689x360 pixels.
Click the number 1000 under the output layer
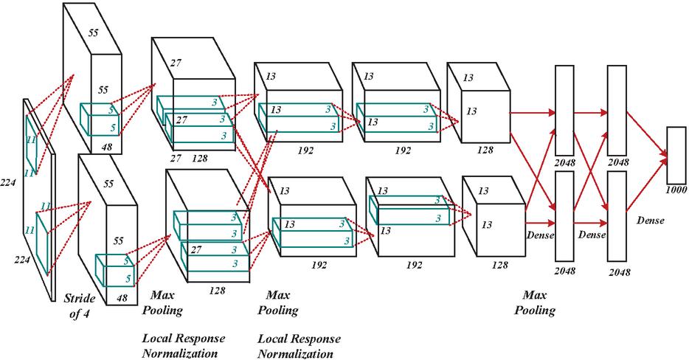point(676,190)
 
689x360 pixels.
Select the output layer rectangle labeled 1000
point(676,155)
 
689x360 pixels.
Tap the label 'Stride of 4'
point(80,306)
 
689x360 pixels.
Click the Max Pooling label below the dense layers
point(535,302)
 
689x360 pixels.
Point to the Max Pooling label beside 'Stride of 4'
point(162,302)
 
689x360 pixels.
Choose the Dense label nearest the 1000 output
point(651,220)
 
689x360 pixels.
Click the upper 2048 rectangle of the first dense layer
point(564,110)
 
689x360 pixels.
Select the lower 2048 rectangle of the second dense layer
point(617,216)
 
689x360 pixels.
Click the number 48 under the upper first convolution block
point(107,148)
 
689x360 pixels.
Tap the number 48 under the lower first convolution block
point(122,298)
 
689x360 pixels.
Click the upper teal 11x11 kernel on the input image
point(32,145)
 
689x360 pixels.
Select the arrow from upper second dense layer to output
point(647,134)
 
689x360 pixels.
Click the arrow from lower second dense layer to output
point(647,184)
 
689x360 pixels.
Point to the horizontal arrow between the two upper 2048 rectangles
point(591,113)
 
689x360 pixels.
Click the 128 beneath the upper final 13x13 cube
point(485,150)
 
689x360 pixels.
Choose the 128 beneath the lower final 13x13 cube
point(499,265)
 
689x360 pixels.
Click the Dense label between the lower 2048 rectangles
point(592,235)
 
